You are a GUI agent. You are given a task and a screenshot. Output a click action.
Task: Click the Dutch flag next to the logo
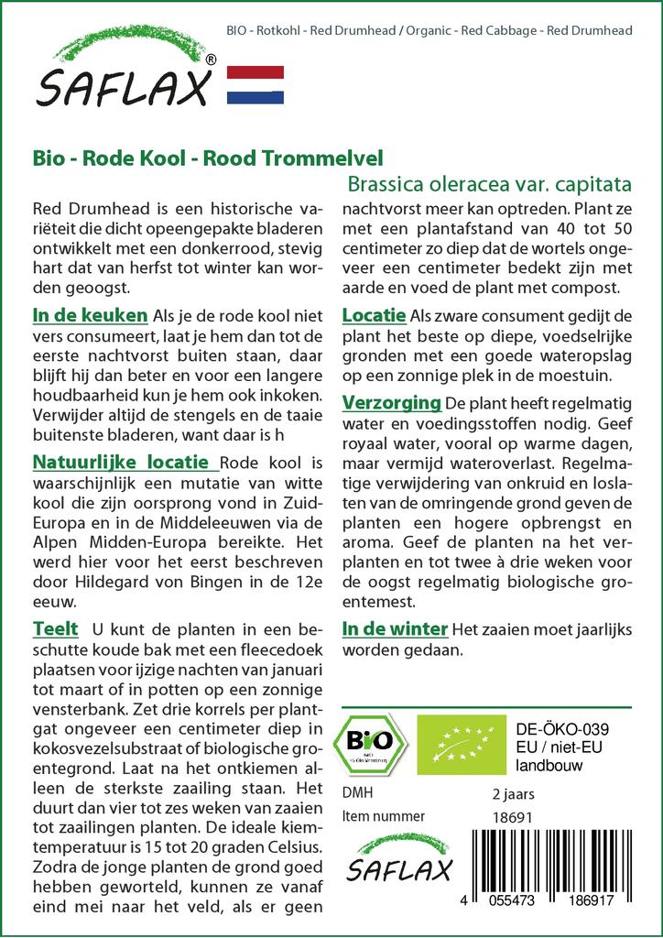(x=255, y=85)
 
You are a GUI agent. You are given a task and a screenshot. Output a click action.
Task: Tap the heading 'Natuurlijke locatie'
(x=125, y=461)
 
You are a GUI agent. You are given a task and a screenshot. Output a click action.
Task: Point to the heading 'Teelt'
(x=55, y=629)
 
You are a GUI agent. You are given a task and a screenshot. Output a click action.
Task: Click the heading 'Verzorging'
(x=392, y=403)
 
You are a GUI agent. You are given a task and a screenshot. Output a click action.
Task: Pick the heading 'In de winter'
(x=395, y=629)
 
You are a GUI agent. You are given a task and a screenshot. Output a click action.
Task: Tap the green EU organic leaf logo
(x=458, y=743)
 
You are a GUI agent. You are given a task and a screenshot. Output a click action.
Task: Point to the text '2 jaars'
(x=513, y=793)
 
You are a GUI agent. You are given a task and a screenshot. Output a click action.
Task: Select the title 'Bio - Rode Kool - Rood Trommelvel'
(x=208, y=158)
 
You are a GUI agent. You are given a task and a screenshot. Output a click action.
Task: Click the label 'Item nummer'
(x=383, y=815)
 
